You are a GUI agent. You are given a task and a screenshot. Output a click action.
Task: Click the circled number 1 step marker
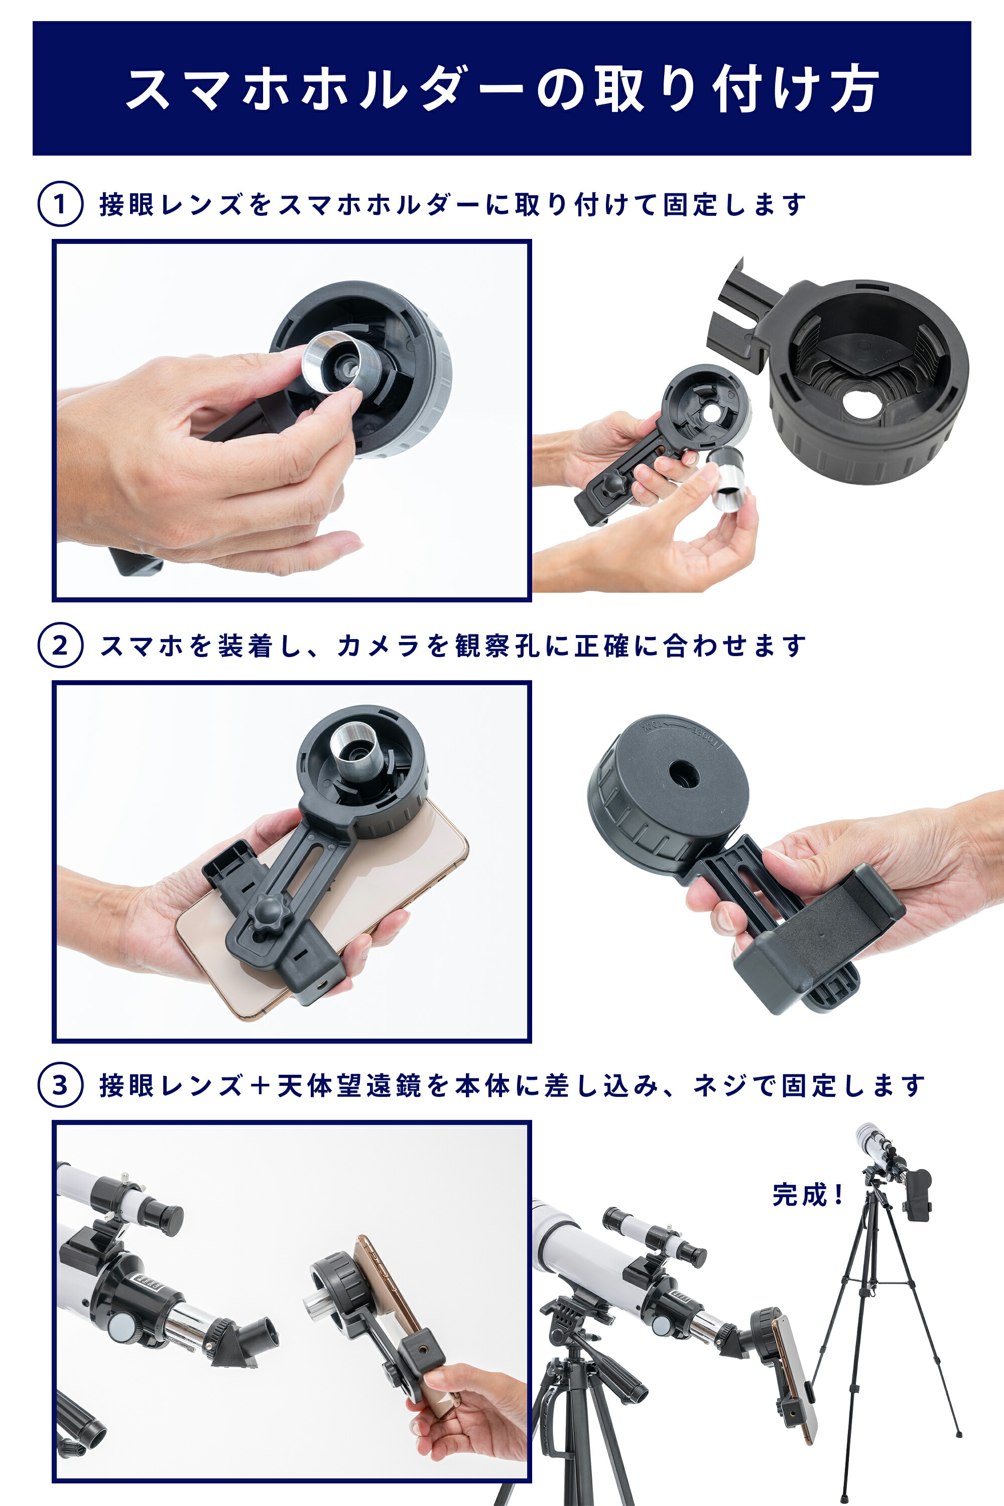pos(60,204)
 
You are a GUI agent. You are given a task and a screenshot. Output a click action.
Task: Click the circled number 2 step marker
pos(60,645)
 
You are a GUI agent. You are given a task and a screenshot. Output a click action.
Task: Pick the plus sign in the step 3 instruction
pos(260,1085)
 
